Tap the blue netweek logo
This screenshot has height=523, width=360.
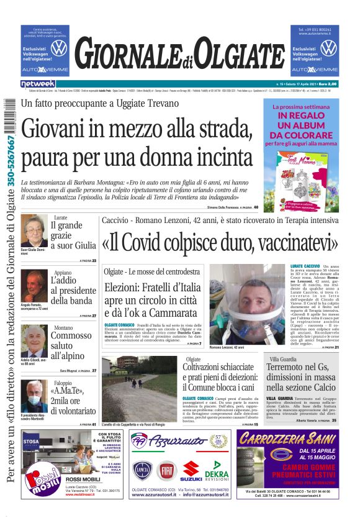[38, 84]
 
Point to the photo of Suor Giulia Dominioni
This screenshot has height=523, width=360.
[34, 230]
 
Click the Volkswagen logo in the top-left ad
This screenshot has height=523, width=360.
[59, 48]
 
